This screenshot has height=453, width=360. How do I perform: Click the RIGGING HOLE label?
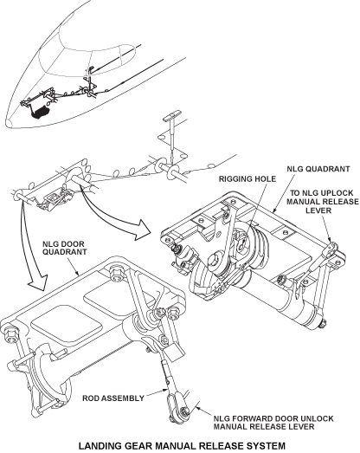click(247, 179)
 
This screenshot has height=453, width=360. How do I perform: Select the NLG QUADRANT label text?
click(318, 169)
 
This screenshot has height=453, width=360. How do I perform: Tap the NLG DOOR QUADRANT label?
click(65, 248)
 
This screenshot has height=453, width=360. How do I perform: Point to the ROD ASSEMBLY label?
click(113, 398)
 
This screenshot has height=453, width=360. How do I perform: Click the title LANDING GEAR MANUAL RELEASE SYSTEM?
click(182, 446)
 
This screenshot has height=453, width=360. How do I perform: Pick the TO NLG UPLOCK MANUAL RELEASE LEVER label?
click(323, 201)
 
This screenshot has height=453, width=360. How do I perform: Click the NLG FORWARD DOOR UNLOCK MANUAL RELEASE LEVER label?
click(273, 423)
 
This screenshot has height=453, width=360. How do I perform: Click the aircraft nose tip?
click(7, 123)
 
